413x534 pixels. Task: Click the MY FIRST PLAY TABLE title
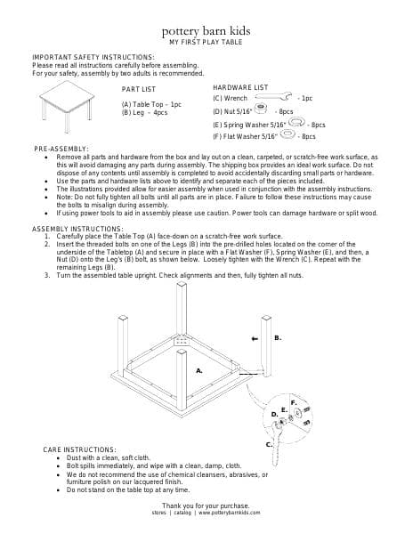tap(206, 41)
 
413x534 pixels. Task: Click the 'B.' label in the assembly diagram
tap(278, 338)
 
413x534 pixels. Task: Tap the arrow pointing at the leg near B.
tap(256, 339)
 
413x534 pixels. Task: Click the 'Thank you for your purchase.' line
tap(206, 506)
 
